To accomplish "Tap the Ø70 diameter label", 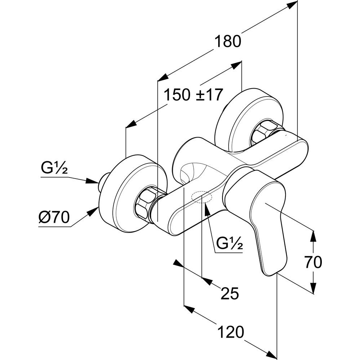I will coord(54,218).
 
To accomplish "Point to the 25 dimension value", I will coord(229,294).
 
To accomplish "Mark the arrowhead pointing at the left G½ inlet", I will coord(93,182).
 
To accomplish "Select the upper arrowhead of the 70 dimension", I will coord(314,235).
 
